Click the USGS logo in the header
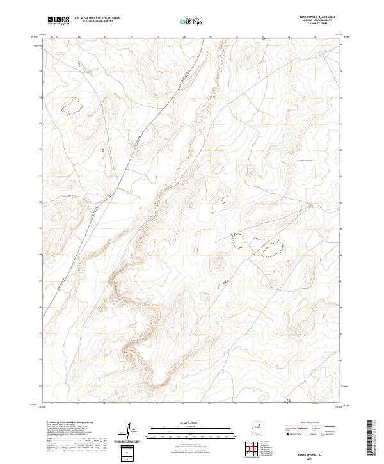[x=58, y=20]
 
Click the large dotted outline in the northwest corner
[x=72, y=106]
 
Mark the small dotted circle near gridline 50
[x=225, y=198]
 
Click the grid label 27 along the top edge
[x=157, y=37]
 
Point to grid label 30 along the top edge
[x=236, y=37]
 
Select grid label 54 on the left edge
[x=42, y=97]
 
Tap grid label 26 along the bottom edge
[x=131, y=404]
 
